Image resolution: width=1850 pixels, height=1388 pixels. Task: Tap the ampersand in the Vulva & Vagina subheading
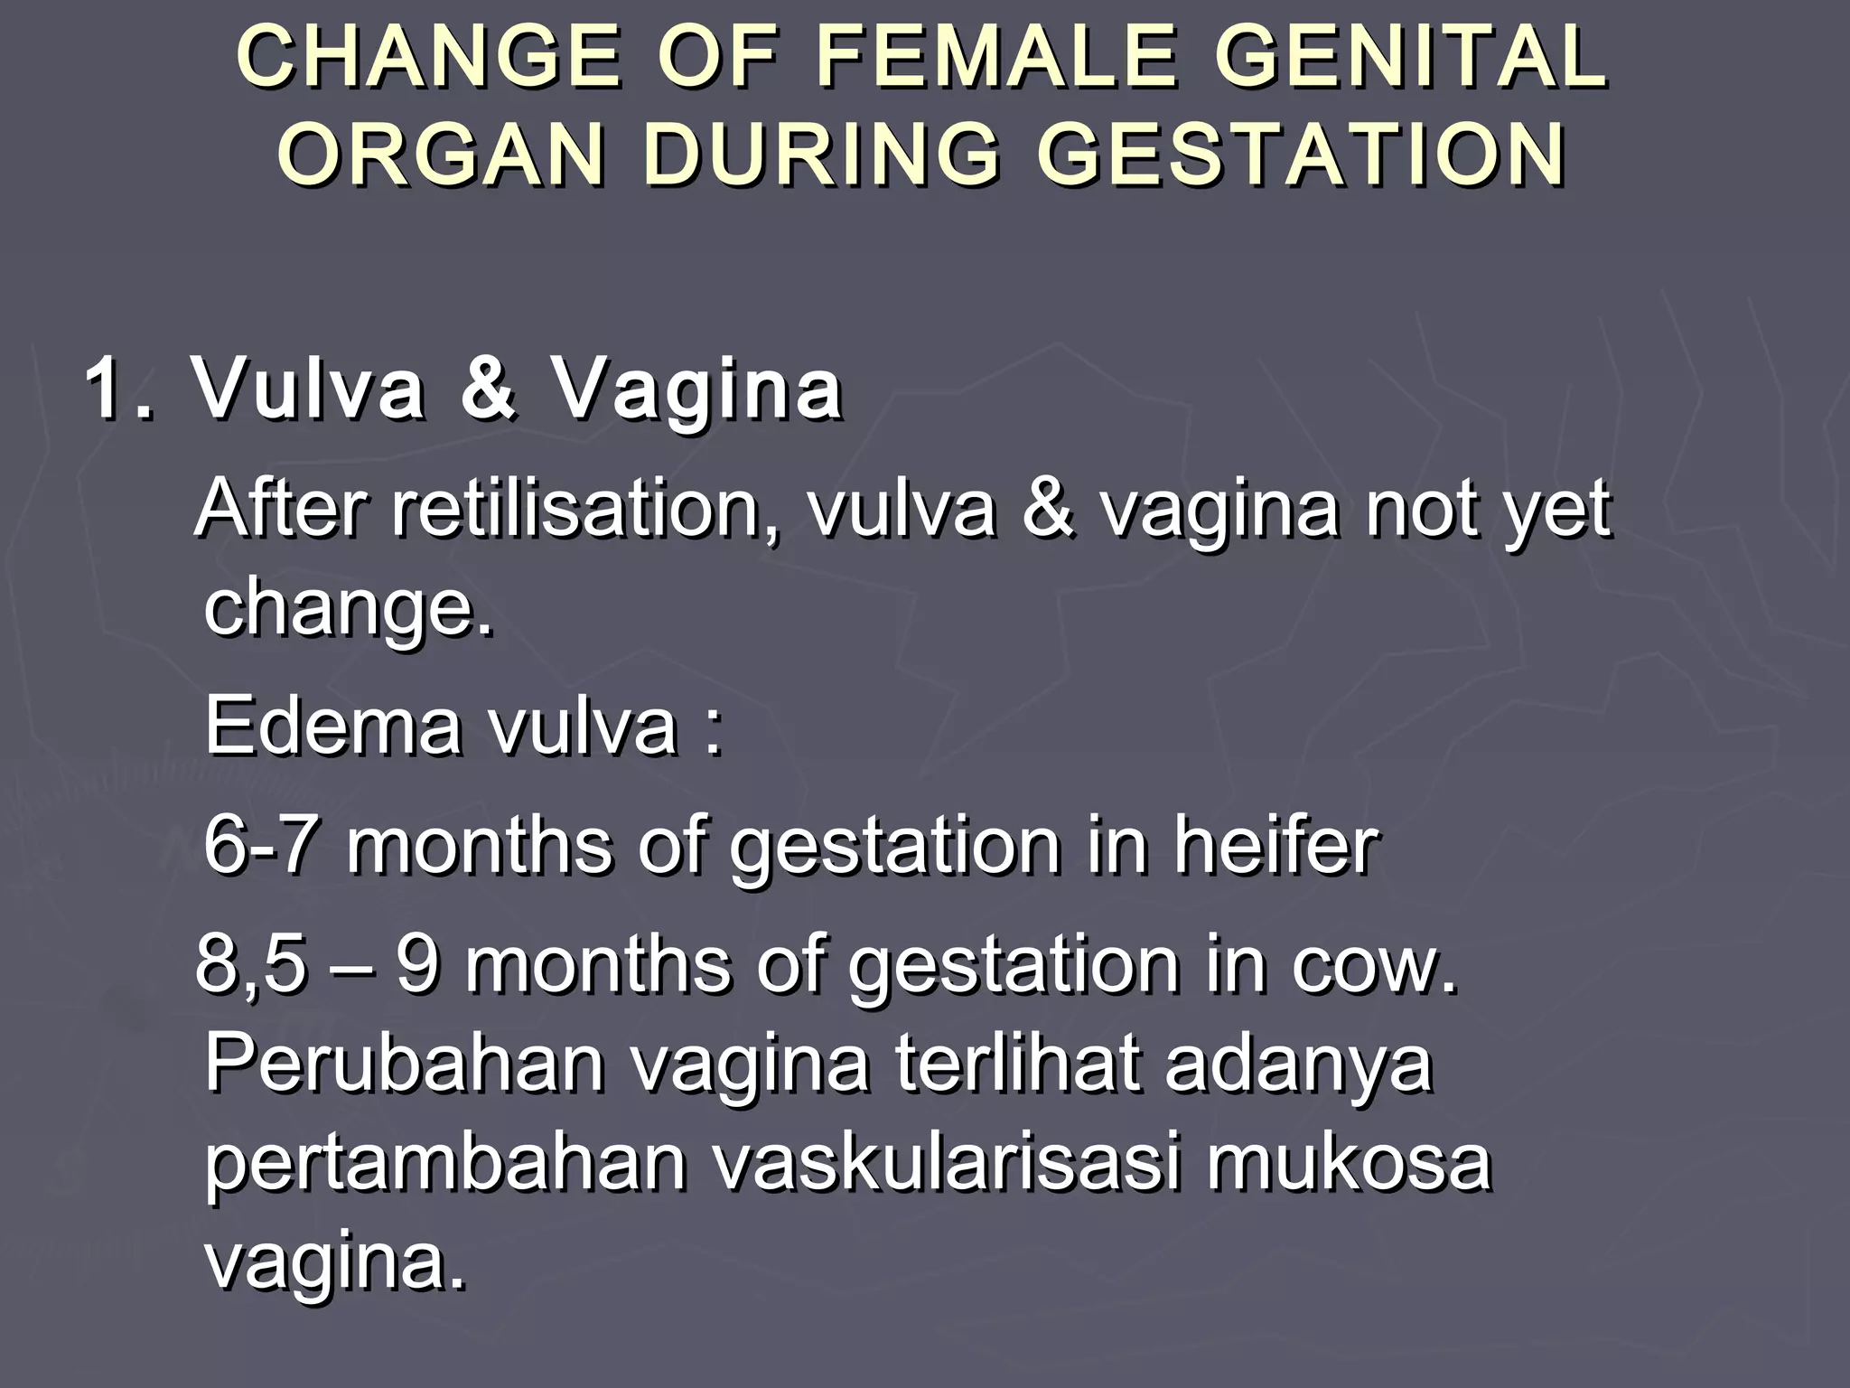[488, 390]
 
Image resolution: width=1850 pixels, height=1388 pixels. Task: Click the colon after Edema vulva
[714, 728]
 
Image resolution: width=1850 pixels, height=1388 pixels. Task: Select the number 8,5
[251, 965]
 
